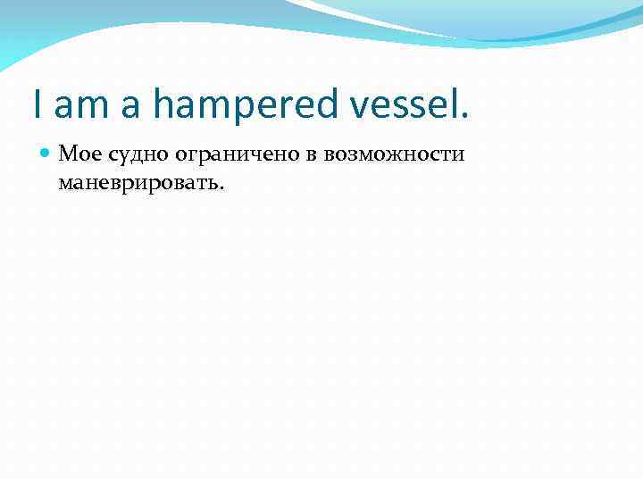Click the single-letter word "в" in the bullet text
(313, 156)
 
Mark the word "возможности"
(394, 154)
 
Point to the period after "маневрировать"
(223, 188)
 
